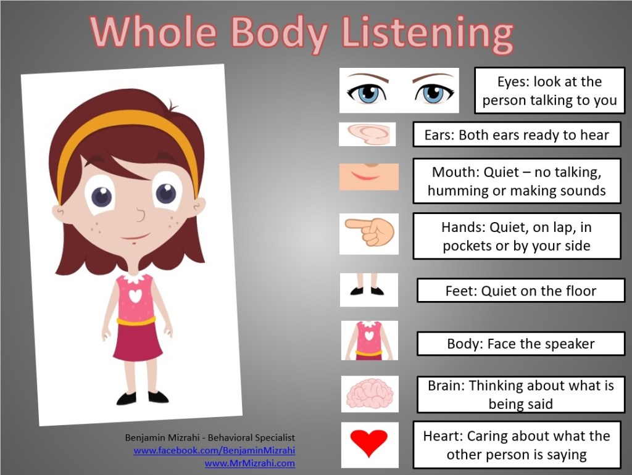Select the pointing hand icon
pos(369,233)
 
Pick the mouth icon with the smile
pos(368,176)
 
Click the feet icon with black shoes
pos(368,290)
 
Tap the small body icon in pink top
pos(369,341)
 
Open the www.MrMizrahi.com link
pos(249,463)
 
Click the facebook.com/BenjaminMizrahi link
pos(214,450)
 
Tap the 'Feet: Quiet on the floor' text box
pos(521,291)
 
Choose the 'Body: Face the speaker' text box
pos(521,344)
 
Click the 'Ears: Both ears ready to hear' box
pos(517,134)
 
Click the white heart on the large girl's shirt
pos(135,295)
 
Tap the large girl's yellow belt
pos(136,321)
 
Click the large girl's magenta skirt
pos(137,343)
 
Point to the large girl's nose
pos(140,216)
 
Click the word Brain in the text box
pos(446,386)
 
